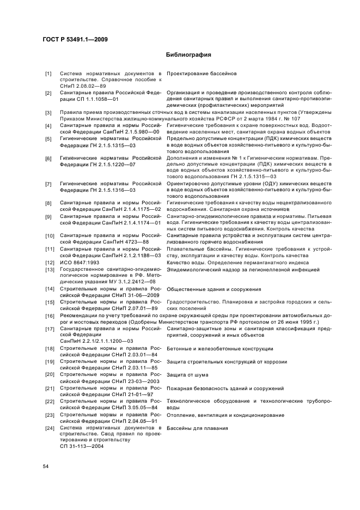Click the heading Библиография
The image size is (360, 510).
click(188, 55)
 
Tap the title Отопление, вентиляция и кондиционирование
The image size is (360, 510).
click(225, 415)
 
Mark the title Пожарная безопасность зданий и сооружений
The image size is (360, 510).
click(225, 388)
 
